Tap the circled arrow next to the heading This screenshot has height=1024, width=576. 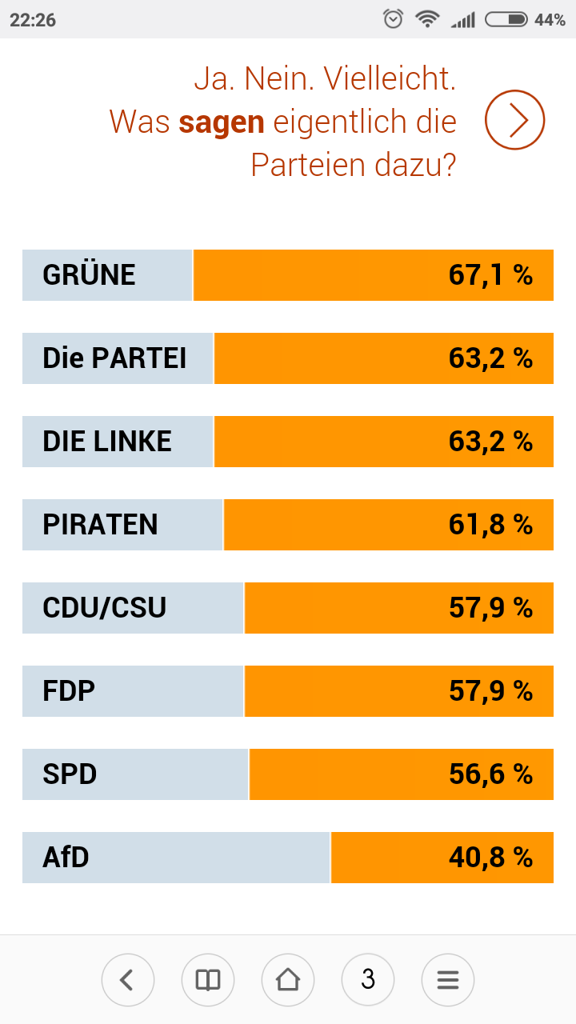coord(514,120)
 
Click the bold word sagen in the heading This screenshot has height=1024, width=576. coord(222,122)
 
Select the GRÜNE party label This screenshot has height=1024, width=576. coord(89,275)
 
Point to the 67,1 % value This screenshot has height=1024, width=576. coord(490,275)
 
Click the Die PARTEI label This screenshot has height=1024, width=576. coord(114,358)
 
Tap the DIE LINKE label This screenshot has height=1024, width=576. coord(107,442)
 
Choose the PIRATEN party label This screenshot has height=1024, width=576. coord(100,525)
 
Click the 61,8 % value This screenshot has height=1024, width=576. coord(490,525)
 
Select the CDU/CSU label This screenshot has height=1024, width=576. coord(104,608)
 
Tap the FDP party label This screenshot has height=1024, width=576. coord(69,691)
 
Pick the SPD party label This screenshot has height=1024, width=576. coord(70,774)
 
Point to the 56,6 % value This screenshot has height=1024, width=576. coord(490,774)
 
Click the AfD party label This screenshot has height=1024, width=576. coord(66,858)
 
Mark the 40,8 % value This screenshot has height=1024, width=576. coord(490,858)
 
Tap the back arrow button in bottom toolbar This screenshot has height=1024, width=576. coord(128,979)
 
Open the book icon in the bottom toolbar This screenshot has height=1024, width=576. coord(208,979)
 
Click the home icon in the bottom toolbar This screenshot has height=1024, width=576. coord(288,979)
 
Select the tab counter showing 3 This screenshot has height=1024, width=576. coord(368,979)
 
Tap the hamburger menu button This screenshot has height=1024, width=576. coord(448,979)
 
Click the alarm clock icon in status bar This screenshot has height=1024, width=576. coord(394,19)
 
